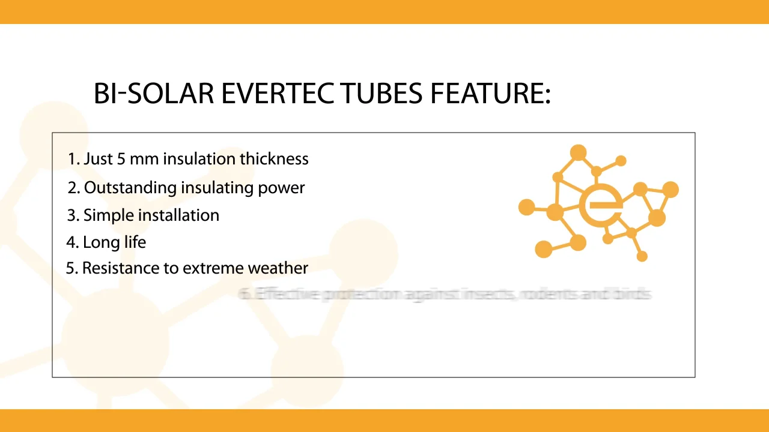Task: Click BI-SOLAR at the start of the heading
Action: (x=154, y=94)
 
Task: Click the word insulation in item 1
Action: (x=199, y=159)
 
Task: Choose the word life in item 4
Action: (x=135, y=242)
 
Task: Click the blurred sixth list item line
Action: (x=445, y=294)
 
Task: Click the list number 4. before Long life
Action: (x=72, y=242)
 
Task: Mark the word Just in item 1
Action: (x=96, y=159)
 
